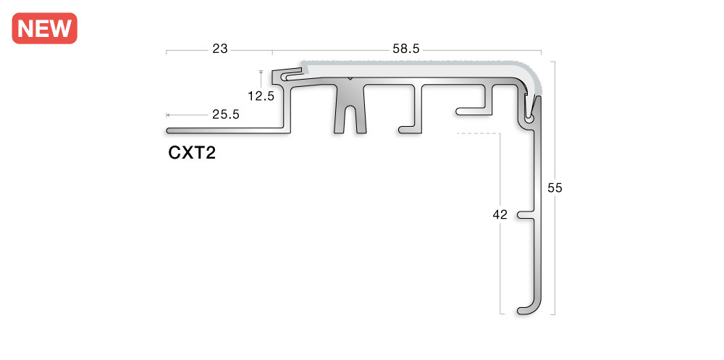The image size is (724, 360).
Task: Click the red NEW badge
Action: click(x=44, y=28)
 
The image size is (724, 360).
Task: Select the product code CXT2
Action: click(x=192, y=153)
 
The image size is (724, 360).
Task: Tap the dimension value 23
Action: click(x=220, y=49)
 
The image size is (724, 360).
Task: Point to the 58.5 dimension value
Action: click(x=406, y=49)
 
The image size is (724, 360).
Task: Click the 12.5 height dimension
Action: click(x=261, y=95)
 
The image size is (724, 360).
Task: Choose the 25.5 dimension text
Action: click(x=225, y=114)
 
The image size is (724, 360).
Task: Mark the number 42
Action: click(x=500, y=214)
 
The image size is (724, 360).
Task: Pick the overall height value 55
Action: click(x=555, y=188)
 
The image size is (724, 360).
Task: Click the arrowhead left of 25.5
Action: click(x=169, y=114)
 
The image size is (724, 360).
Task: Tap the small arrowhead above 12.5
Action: click(x=260, y=72)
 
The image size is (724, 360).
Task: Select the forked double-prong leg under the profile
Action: click(x=350, y=116)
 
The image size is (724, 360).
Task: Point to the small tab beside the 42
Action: click(x=524, y=215)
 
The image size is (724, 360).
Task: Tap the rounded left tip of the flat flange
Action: click(x=169, y=131)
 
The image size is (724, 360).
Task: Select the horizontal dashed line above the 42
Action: click(x=478, y=134)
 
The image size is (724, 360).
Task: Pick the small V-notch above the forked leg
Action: click(x=350, y=79)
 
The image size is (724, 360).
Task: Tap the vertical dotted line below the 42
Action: click(x=500, y=268)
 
